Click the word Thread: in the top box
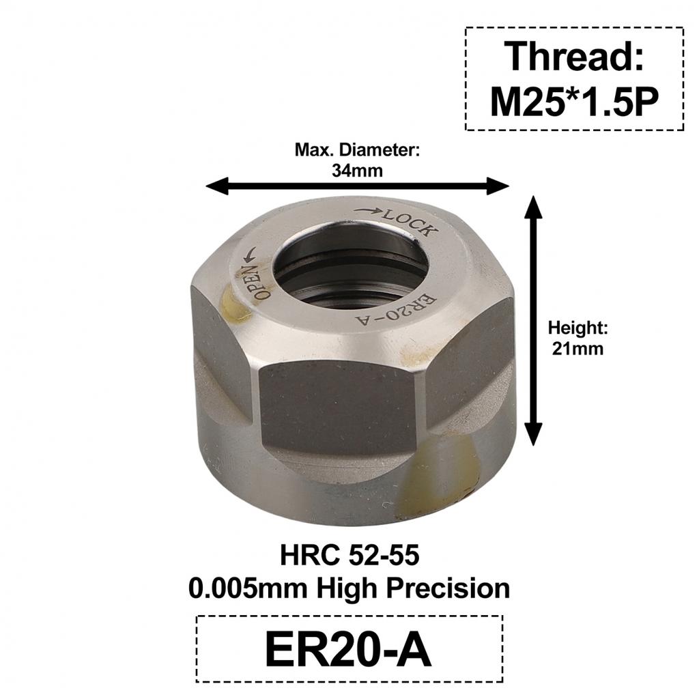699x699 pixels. click(574, 57)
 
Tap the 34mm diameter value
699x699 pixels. click(357, 171)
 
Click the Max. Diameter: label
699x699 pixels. click(357, 150)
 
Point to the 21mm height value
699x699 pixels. click(577, 348)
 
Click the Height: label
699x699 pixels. click(577, 328)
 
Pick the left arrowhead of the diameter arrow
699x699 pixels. click(217, 185)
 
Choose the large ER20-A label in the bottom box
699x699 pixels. click(349, 651)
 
